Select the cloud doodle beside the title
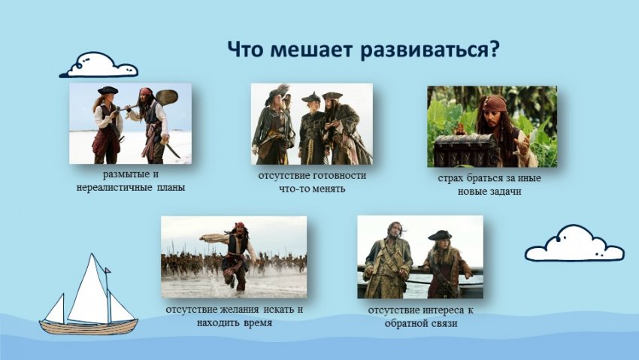click(x=98, y=65)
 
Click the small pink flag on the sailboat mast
click(x=108, y=270)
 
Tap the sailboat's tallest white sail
click(x=89, y=289)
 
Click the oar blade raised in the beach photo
click(x=167, y=98)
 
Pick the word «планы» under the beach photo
click(x=171, y=188)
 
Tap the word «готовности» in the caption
click(x=340, y=176)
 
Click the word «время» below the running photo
click(x=258, y=323)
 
